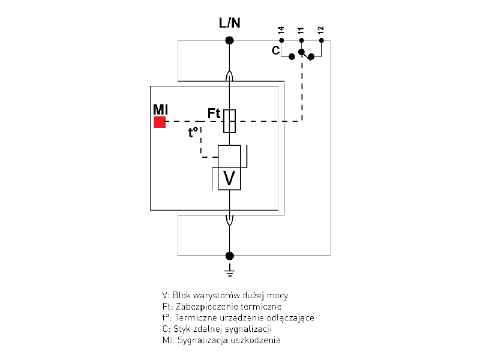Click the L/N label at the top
click(x=229, y=24)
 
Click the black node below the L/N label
click(x=229, y=41)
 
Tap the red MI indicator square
click(x=160, y=122)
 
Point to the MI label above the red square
click(x=160, y=109)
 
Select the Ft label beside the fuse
click(x=214, y=113)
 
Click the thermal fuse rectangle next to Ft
click(x=229, y=121)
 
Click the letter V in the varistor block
click(x=229, y=178)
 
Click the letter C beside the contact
click(x=275, y=51)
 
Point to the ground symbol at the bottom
click(x=229, y=271)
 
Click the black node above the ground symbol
click(x=229, y=256)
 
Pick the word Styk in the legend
click(x=181, y=329)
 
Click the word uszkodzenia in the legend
click(x=259, y=341)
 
